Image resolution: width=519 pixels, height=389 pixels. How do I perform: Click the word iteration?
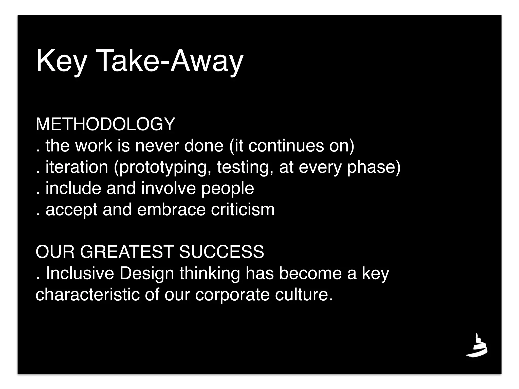pos(77,167)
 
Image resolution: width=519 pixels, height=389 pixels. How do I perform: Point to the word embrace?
pos(171,210)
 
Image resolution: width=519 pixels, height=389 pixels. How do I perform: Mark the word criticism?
pos(243,210)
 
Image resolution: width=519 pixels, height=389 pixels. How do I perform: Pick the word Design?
pos(147,274)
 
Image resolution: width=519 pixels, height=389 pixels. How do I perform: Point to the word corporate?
pos(232,295)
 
